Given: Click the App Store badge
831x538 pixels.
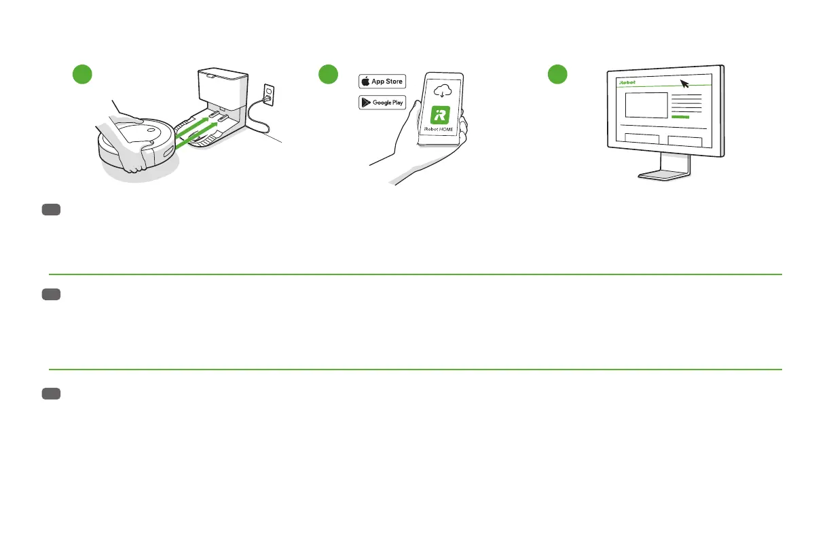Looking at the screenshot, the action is tap(382, 82).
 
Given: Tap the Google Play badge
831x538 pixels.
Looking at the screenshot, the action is tap(382, 103).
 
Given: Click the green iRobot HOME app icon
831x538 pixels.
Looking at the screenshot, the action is tap(441, 115).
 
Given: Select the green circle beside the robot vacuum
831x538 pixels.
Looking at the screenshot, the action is tap(82, 75).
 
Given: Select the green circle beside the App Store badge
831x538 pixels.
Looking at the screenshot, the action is tap(329, 75).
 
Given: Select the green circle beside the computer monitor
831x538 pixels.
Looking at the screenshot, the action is tap(557, 75).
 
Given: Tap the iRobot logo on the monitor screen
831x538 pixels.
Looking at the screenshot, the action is tap(628, 82).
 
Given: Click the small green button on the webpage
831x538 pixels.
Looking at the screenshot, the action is tap(680, 118).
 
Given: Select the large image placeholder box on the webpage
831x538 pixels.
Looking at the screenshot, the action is tap(646, 105).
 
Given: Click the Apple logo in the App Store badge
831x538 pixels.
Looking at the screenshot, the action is tap(365, 82).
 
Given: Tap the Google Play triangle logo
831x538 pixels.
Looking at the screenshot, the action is tap(365, 103).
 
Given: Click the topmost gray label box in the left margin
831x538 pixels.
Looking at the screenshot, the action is tap(51, 211).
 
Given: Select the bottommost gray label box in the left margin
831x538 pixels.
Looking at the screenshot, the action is tap(51, 394).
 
